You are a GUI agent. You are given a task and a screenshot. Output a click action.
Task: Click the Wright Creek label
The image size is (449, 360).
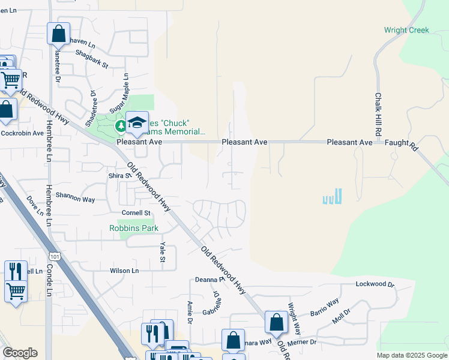click(x=407, y=30)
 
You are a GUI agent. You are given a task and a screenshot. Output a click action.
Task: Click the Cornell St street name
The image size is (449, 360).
click(x=136, y=213)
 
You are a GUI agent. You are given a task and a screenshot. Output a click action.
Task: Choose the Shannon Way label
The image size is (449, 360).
click(x=75, y=199)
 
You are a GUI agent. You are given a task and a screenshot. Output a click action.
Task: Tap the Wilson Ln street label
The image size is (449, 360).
click(x=124, y=271)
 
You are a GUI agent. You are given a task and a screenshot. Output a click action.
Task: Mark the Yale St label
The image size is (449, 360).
click(x=162, y=252)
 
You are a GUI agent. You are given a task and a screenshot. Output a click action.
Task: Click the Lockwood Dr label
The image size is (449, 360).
click(x=374, y=284)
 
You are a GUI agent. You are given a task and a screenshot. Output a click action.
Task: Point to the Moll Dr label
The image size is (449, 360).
click(x=342, y=316)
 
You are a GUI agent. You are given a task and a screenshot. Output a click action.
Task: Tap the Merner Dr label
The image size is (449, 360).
click(x=301, y=342)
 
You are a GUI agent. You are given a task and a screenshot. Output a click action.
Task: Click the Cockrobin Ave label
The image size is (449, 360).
click(x=22, y=133)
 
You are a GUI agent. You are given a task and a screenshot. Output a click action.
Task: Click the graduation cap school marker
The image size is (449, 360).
click(x=137, y=122)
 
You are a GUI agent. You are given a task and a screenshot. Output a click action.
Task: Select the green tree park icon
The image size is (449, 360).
click(x=120, y=125)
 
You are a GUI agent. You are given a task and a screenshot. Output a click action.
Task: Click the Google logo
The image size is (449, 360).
click(x=20, y=353)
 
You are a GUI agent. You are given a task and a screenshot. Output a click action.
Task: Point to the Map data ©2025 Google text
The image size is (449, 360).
click(x=411, y=355)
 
